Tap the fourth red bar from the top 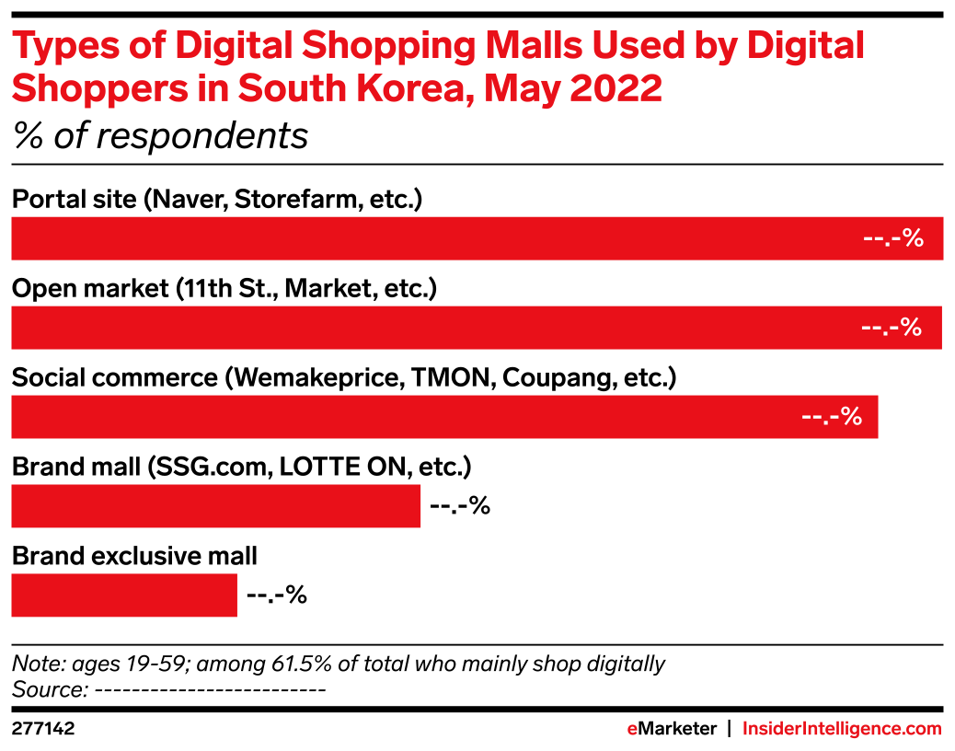click(x=216, y=506)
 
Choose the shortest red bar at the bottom click(x=124, y=595)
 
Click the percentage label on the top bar click(x=892, y=238)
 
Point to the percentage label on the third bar click(x=831, y=417)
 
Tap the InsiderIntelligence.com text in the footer click(x=842, y=729)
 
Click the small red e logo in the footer click(x=632, y=729)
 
